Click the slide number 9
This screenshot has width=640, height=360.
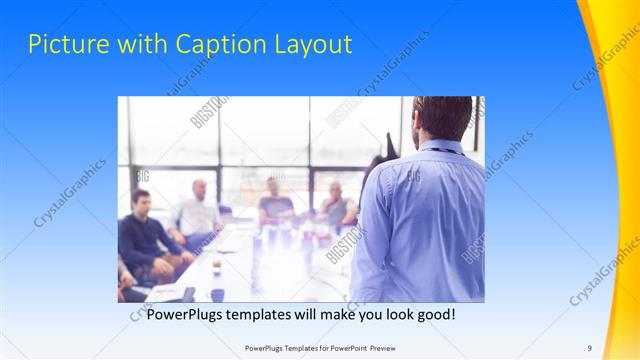(x=589, y=347)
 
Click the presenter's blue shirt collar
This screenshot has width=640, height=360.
(x=440, y=147)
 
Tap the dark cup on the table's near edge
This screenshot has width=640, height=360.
(x=217, y=294)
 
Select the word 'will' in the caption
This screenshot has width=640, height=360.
(x=322, y=314)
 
